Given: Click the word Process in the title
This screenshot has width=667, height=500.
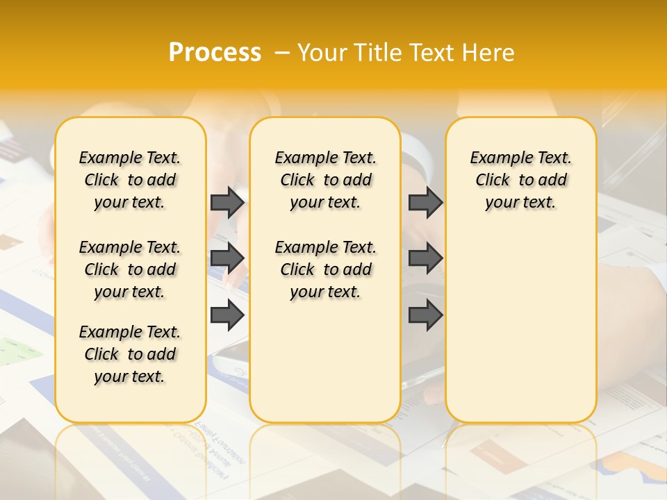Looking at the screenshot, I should coord(215,53).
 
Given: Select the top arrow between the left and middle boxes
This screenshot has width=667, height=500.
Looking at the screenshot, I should coord(227,202).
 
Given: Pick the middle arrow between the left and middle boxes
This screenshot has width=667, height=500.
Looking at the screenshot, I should coord(227,258).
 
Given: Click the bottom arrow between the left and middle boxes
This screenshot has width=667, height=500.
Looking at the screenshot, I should coord(227,315).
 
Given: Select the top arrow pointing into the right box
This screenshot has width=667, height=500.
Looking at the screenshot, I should coord(425,202).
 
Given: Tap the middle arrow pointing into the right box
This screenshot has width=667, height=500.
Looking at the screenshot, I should coord(425,258).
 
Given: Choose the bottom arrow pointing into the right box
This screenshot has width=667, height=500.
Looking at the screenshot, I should coord(425,315).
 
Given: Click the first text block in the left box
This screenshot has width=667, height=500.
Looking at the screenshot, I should coord(130,180).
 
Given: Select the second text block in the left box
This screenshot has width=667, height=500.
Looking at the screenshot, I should coord(130,269).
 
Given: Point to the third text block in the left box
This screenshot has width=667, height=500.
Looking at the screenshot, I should coord(130,354).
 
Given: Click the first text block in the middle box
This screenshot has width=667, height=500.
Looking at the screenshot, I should coord(326,180).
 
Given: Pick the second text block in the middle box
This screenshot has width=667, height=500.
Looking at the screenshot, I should coord(326,269).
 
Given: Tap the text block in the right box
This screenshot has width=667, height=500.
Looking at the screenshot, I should coord(521,180).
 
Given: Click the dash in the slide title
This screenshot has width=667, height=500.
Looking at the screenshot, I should coord(282,53).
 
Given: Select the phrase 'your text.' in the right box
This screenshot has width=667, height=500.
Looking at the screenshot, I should coord(520,202).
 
